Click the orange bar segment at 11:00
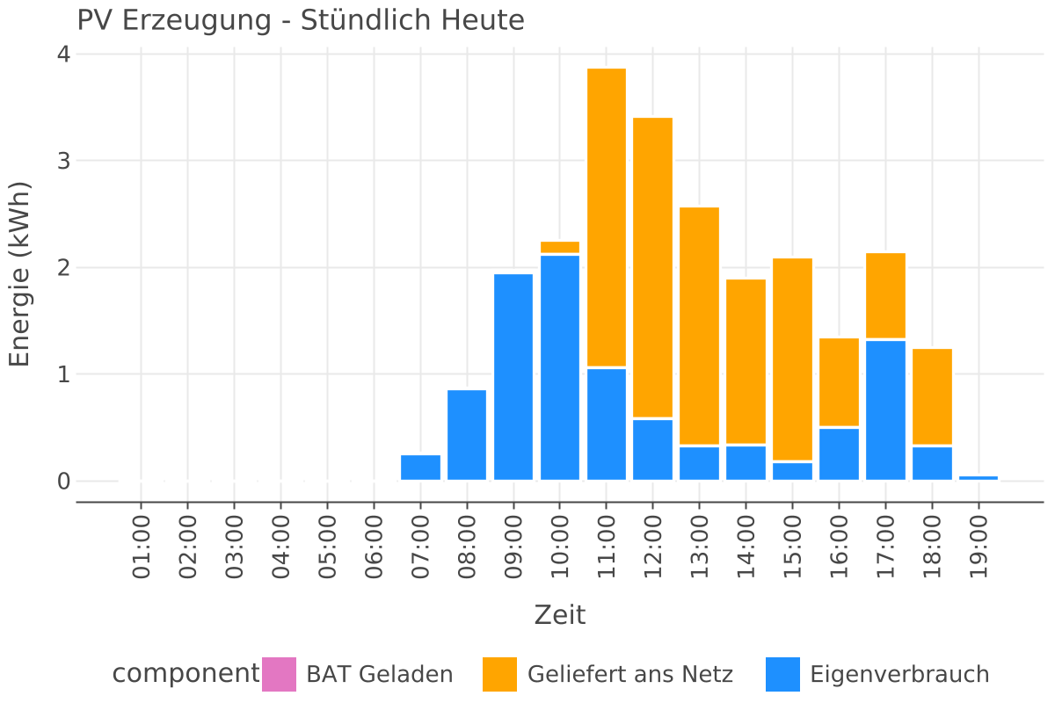pyautogui.click(x=607, y=217)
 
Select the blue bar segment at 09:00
pyautogui.click(x=513, y=377)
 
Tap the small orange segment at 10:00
pyautogui.click(x=560, y=247)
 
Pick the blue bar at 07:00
pyautogui.click(x=420, y=467)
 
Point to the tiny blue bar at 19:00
pyautogui.click(x=979, y=478)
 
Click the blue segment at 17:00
pyautogui.click(x=885, y=409)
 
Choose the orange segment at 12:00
pyautogui.click(x=653, y=267)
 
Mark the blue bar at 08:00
pyautogui.click(x=467, y=435)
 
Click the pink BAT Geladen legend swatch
pyautogui.click(x=280, y=675)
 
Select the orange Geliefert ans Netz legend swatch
pyautogui.click(x=499, y=675)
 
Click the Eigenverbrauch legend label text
pyautogui.click(x=899, y=675)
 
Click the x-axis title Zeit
pyautogui.click(x=560, y=615)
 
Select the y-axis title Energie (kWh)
pyautogui.click(x=19, y=274)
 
